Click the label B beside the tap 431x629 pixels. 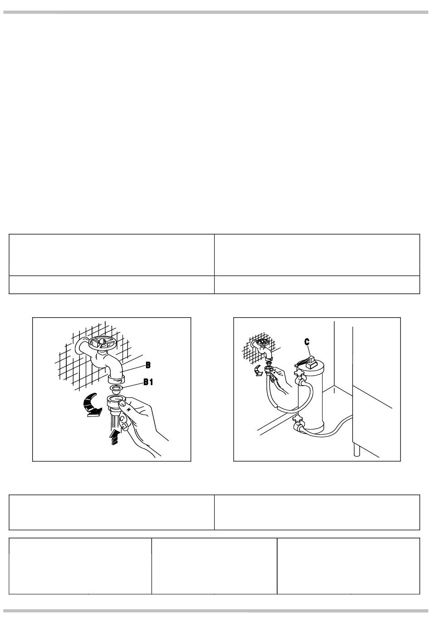pyautogui.click(x=148, y=365)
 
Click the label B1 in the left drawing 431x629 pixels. pyautogui.click(x=148, y=382)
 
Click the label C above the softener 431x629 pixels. pyautogui.click(x=307, y=342)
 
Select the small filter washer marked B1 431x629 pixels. pyautogui.click(x=116, y=389)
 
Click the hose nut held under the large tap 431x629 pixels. pyautogui.click(x=116, y=402)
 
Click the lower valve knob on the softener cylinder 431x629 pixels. pyautogui.click(x=297, y=419)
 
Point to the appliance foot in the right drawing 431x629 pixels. pyautogui.click(x=356, y=450)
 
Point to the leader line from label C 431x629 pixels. pyautogui.click(x=309, y=351)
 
